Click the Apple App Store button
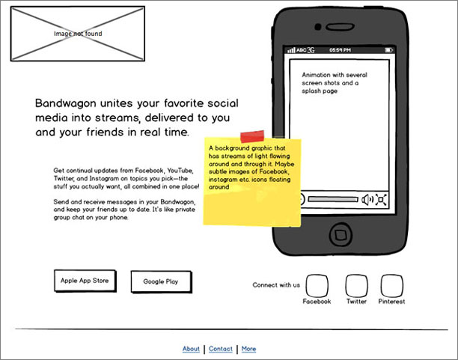click(x=85, y=281)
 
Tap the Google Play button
click(x=160, y=282)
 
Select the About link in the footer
click(x=191, y=349)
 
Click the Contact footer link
click(x=221, y=349)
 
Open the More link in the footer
click(x=248, y=349)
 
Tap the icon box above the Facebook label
click(x=317, y=286)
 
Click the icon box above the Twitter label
click(x=356, y=286)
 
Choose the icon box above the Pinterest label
click(x=391, y=286)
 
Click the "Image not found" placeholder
click(x=78, y=34)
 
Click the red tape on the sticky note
click(x=251, y=135)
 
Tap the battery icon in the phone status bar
click(x=388, y=50)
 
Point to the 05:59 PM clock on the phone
click(x=340, y=50)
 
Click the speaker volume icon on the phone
click(x=367, y=199)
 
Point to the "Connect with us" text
click(x=276, y=284)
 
